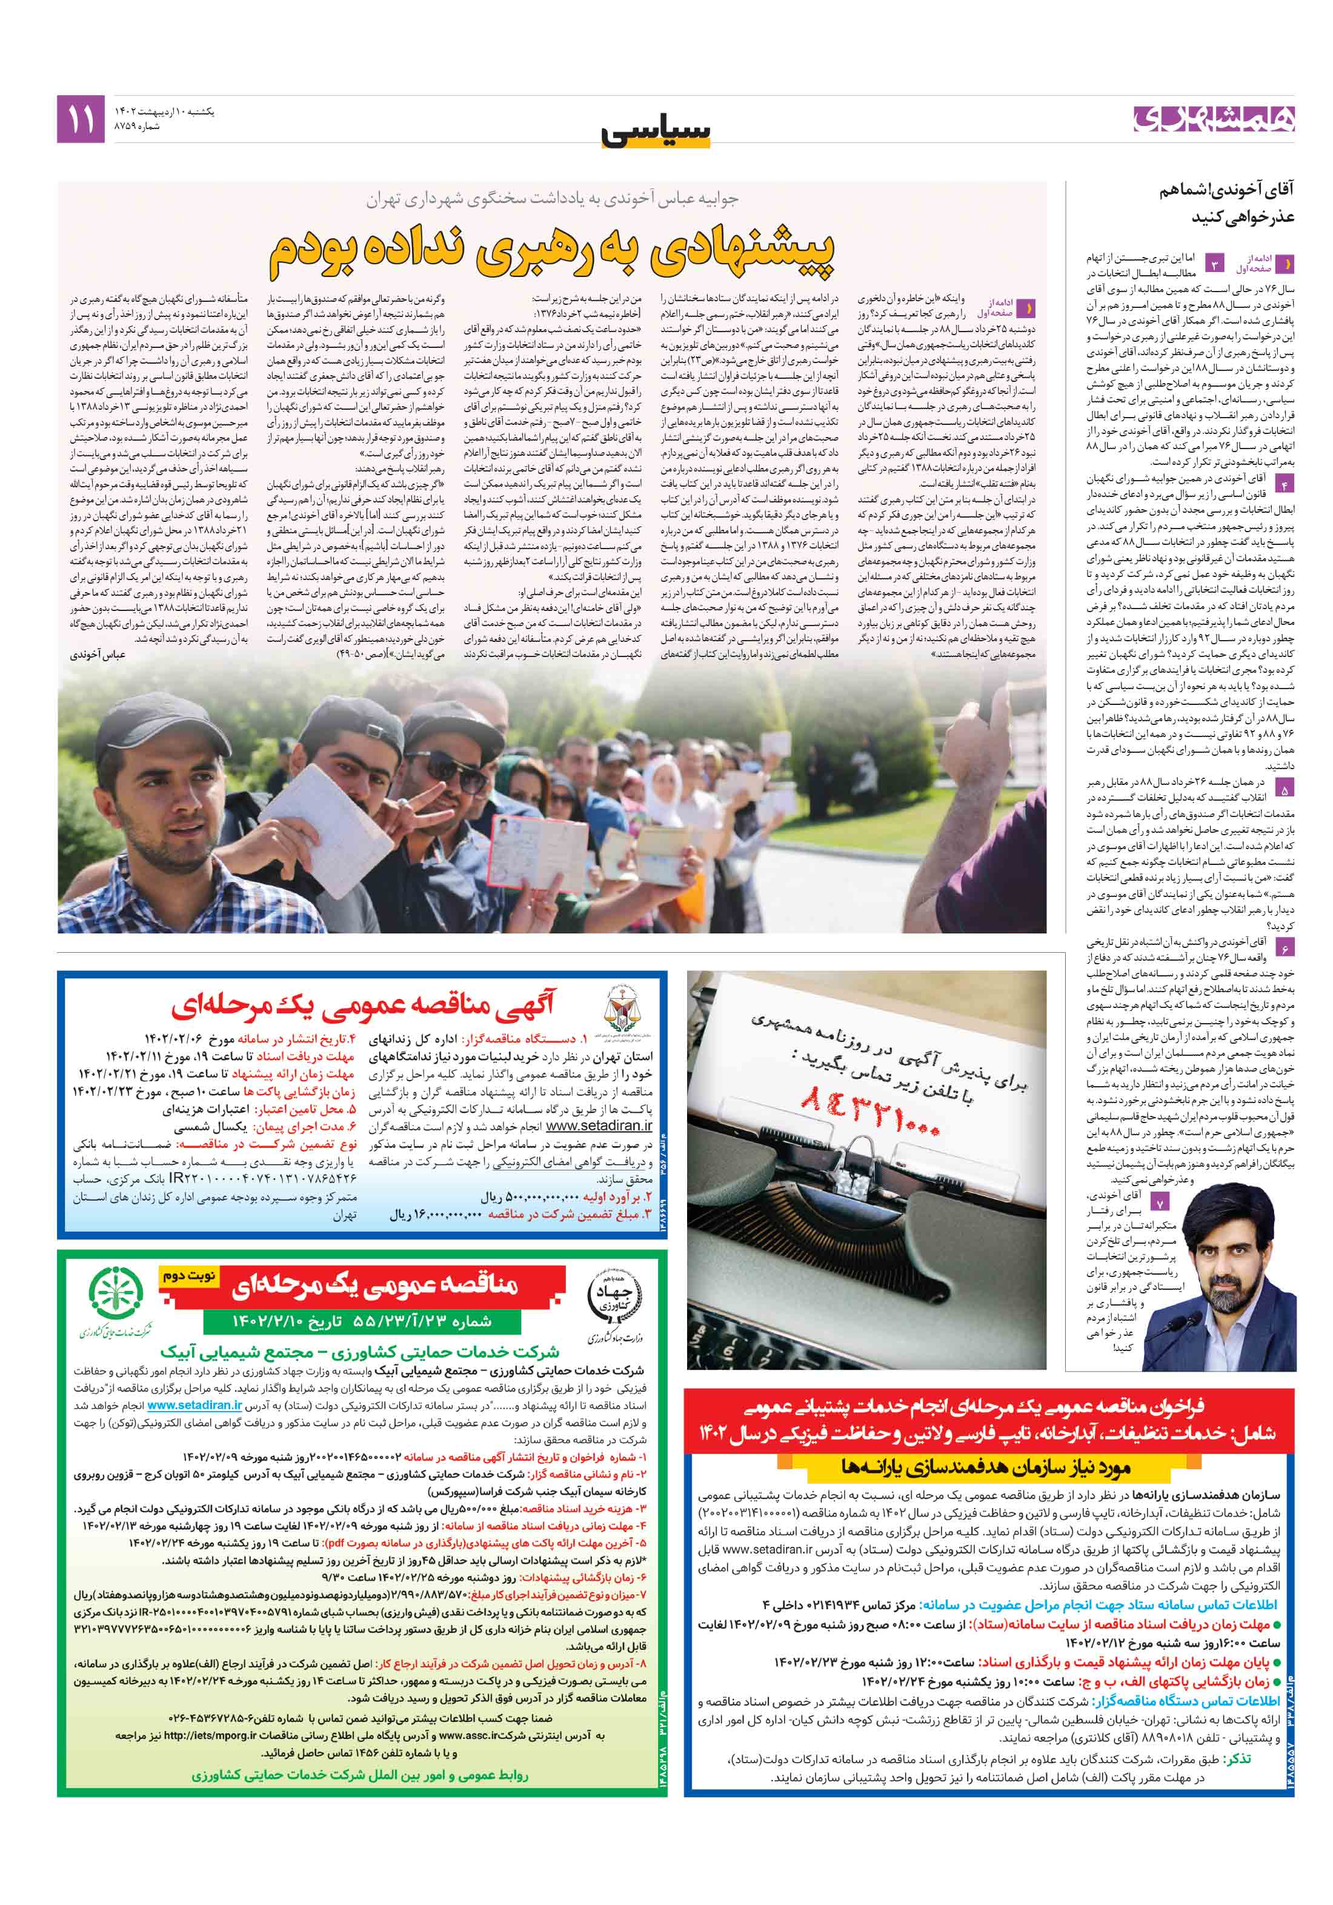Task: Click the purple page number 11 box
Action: [x=81, y=119]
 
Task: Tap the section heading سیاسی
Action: [x=656, y=131]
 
